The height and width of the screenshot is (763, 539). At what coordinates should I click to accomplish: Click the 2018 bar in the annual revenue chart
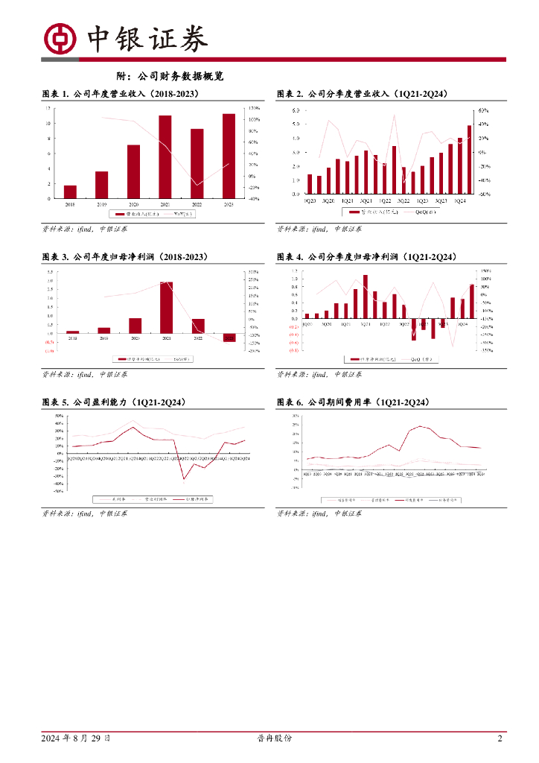click(70, 191)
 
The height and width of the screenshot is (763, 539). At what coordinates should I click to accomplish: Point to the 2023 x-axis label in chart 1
click(229, 203)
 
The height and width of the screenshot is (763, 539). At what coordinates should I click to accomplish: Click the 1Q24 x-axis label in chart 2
click(460, 200)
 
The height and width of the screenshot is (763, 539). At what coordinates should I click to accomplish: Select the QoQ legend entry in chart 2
click(419, 212)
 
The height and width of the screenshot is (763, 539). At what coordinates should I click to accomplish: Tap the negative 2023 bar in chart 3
click(229, 338)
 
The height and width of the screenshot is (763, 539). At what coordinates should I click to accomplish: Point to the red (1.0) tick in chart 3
click(49, 350)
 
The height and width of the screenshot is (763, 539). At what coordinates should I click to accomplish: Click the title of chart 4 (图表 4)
click(366, 256)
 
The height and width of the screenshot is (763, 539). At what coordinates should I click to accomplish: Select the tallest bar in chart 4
click(366, 297)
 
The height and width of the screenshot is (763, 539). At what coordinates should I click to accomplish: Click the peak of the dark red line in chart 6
click(421, 426)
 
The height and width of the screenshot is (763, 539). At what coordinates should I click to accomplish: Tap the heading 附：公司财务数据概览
click(170, 76)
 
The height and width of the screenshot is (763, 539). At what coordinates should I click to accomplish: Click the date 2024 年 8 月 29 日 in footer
click(77, 738)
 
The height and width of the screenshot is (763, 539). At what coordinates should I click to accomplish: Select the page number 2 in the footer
click(500, 738)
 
